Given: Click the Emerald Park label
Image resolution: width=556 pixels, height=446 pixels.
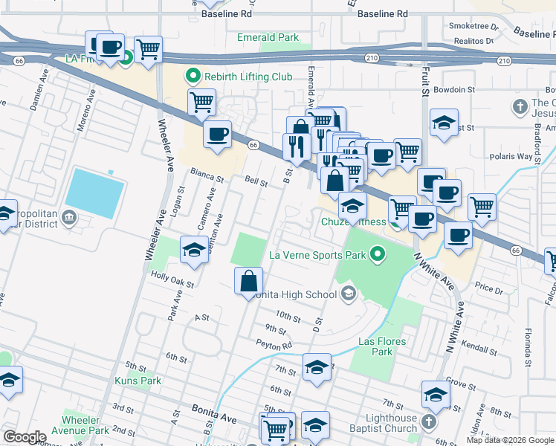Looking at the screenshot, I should pos(268,37).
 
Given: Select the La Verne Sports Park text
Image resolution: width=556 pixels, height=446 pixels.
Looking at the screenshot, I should pos(317,256).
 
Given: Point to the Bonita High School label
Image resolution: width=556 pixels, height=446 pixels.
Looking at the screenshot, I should pos(295,294).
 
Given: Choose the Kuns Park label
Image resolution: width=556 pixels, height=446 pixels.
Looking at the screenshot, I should pos(138,381).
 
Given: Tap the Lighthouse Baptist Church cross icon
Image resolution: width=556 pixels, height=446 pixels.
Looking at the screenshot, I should pos(428,422).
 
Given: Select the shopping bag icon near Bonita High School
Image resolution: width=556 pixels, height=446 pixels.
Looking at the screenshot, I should pos(249,282).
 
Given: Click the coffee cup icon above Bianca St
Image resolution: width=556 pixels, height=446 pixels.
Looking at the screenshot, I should pos(217,135).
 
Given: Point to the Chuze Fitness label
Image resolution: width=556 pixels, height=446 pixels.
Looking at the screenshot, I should pos(354,222).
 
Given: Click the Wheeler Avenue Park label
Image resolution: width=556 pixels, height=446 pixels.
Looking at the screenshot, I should pos(86,425).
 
